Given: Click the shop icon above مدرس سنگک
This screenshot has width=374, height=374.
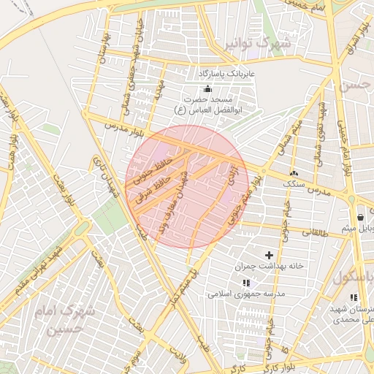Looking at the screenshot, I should coord(294,172).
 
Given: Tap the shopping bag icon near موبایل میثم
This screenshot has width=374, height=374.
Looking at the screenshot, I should coord(361,218).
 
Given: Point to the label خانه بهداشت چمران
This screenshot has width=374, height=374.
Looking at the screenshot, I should coord(269,267).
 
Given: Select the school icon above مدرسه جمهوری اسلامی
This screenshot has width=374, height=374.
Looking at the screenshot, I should coord(246,282).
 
